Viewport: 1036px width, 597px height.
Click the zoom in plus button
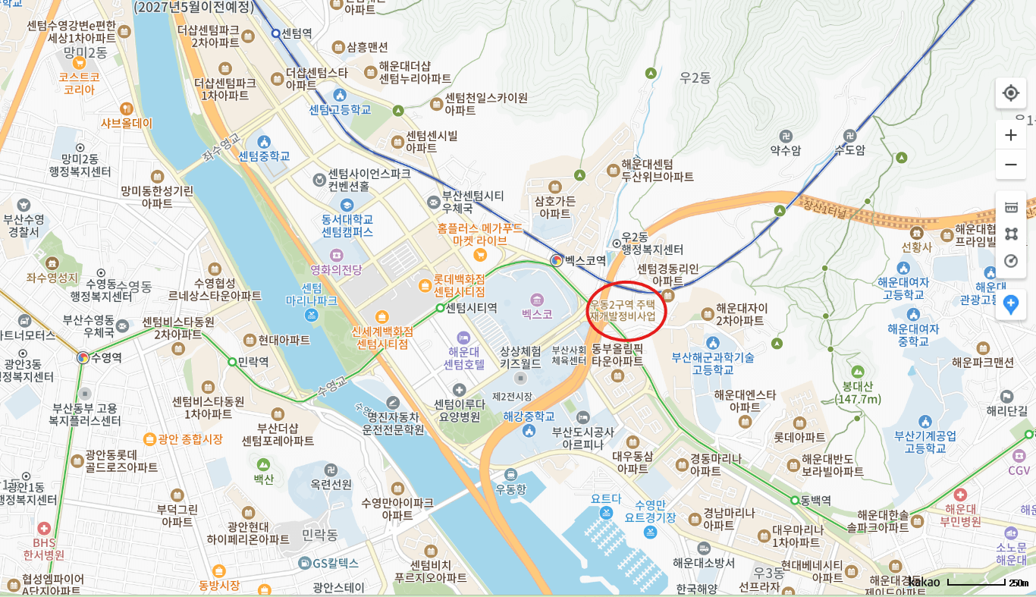(x=1010, y=135)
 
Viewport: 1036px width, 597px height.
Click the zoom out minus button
(x=1010, y=165)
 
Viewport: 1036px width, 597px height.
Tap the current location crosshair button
(x=1010, y=93)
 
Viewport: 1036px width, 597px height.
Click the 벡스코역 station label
(x=585, y=260)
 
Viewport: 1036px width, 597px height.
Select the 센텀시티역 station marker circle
(x=440, y=308)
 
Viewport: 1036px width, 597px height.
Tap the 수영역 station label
(x=106, y=357)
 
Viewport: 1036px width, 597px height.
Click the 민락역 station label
(x=253, y=362)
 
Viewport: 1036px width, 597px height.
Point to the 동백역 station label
(x=816, y=501)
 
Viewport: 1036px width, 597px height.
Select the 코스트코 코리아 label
(x=80, y=83)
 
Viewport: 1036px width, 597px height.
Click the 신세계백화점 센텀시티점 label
(x=382, y=338)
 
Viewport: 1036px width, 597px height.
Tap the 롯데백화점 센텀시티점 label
(x=459, y=284)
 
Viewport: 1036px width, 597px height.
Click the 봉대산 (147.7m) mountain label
(x=857, y=392)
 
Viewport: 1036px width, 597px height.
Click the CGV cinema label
(x=1019, y=470)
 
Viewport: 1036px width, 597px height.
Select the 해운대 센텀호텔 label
(x=463, y=357)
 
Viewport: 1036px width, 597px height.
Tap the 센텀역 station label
(x=297, y=33)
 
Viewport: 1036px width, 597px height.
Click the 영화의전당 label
(x=336, y=269)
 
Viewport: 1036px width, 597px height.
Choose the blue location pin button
(x=1010, y=305)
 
